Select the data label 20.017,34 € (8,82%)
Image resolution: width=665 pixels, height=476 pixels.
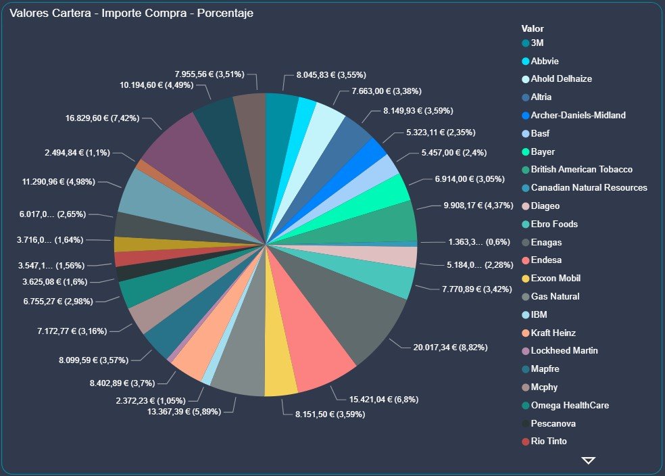click(x=450, y=348)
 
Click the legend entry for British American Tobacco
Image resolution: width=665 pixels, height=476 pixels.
click(x=582, y=169)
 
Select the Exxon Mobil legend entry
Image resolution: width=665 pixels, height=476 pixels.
click(x=556, y=279)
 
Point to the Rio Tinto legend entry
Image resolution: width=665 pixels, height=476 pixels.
click(x=549, y=442)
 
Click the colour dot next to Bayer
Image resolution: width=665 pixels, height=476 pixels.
click(x=526, y=151)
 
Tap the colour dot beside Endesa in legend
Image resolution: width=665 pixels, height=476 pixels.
click(x=526, y=260)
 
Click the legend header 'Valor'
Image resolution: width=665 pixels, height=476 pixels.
click(x=533, y=29)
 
